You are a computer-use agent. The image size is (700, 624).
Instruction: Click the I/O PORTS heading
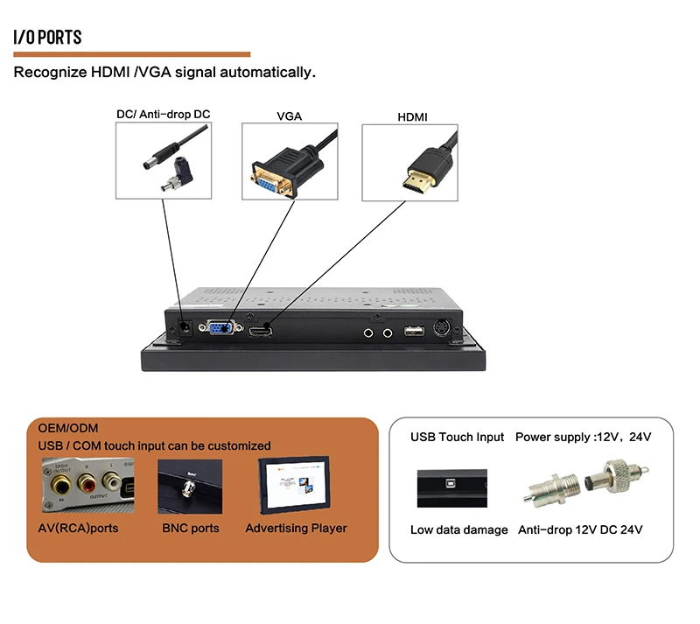(48, 37)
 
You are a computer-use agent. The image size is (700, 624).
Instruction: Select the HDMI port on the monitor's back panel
(260, 331)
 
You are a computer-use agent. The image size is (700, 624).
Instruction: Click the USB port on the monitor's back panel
(414, 331)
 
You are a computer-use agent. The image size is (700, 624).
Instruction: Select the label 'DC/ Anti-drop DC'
(164, 115)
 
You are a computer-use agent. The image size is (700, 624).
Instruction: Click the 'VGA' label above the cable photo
(290, 116)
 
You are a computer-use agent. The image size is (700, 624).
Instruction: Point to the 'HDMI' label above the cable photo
(412, 116)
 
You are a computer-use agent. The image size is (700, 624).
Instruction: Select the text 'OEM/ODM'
(68, 428)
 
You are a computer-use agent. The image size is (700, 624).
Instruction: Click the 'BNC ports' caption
(191, 528)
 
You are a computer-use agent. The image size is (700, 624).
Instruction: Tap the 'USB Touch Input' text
(458, 437)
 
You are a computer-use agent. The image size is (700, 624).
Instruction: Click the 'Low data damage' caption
(458, 529)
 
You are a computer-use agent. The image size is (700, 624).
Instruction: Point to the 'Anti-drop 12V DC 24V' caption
(580, 529)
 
